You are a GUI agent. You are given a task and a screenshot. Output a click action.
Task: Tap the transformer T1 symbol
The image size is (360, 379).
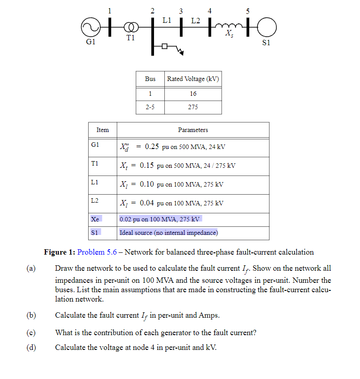coord(129,28)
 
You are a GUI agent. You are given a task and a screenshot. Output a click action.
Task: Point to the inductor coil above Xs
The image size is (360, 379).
coord(229,26)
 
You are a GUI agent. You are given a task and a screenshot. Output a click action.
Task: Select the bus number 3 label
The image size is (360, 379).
coord(181,11)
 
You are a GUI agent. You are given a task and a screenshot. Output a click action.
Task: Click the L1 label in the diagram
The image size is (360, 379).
coord(167,20)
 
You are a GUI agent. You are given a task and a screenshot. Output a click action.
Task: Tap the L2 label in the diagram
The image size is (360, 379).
coord(196,20)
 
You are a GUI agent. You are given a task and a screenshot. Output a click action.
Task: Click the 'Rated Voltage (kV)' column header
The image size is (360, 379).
coord(193,79)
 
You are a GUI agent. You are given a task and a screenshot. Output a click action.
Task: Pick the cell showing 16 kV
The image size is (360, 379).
coord(193,94)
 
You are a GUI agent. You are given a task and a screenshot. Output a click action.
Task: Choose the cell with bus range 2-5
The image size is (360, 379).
coord(150,107)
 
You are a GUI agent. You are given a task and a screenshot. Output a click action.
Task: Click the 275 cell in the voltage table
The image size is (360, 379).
coord(193,107)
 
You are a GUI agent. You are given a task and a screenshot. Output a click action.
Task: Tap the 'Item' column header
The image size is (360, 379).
coord(103,130)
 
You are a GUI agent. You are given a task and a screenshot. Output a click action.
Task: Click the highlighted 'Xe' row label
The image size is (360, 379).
coord(95,219)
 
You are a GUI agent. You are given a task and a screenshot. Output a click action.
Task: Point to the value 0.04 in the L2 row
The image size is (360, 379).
coord(147,203)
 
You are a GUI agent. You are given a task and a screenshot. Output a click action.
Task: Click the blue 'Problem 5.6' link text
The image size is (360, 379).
coord(97,252)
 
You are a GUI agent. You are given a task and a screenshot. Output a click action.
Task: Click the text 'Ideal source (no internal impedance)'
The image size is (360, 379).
coord(168,233)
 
